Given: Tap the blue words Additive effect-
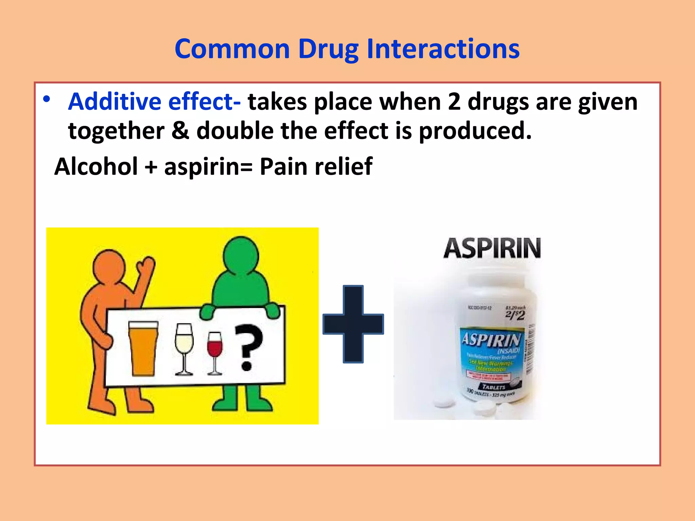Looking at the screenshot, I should pyautogui.click(x=154, y=101).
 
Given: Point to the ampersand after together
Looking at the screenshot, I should pyautogui.click(x=180, y=131).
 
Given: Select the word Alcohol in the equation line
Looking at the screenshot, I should pyautogui.click(x=96, y=167).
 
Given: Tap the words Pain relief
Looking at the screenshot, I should pyautogui.click(x=316, y=167).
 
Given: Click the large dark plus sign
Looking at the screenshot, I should pyautogui.click(x=353, y=324).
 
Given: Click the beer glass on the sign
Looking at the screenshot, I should pyautogui.click(x=143, y=348).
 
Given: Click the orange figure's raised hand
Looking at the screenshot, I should pyautogui.click(x=147, y=265).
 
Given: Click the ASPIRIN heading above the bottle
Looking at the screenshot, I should pyautogui.click(x=492, y=249).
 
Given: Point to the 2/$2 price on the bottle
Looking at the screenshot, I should pyautogui.click(x=515, y=314).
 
